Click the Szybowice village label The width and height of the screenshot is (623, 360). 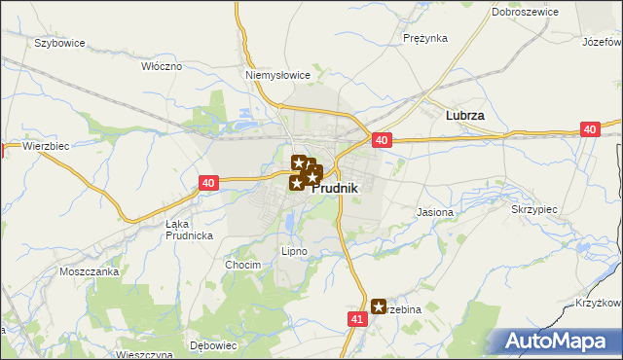point(60,43)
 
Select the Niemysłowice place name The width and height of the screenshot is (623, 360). point(277,74)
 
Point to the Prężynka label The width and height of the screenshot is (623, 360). point(424,38)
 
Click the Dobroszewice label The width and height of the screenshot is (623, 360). point(524,12)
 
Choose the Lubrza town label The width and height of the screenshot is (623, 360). point(464,115)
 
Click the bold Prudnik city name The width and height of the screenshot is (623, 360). point(335,189)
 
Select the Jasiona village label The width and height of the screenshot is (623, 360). point(435,211)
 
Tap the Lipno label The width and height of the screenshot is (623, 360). point(294,251)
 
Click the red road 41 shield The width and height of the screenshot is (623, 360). point(356,318)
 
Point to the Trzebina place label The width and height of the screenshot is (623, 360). point(402,307)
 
